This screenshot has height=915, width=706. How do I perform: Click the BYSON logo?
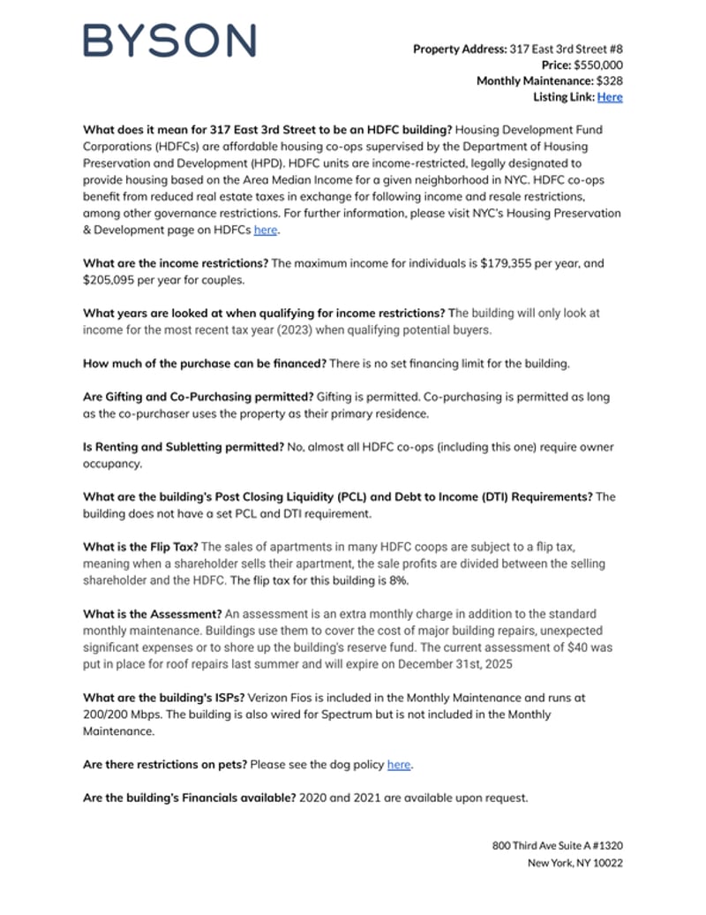(x=169, y=41)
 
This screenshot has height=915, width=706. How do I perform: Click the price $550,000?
(x=598, y=65)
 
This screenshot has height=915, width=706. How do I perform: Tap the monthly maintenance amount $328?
(x=610, y=81)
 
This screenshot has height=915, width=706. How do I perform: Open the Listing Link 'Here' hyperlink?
(x=610, y=97)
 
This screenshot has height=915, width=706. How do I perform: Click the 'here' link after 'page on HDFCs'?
(x=265, y=231)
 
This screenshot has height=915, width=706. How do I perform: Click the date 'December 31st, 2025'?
(x=445, y=663)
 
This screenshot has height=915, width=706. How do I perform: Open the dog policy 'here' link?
(x=398, y=764)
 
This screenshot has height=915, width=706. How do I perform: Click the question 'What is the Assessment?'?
(x=152, y=614)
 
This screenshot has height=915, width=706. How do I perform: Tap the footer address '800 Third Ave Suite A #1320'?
(x=557, y=846)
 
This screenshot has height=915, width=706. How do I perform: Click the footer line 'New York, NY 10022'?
(x=575, y=863)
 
